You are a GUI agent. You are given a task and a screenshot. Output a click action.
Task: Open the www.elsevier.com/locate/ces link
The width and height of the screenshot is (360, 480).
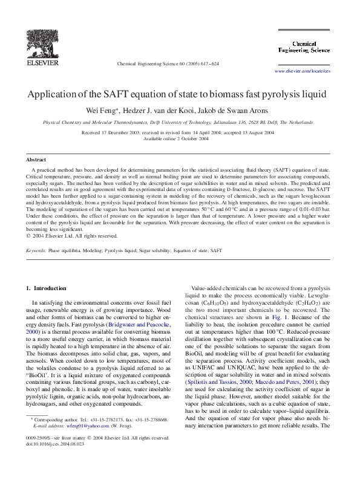(x=311, y=71)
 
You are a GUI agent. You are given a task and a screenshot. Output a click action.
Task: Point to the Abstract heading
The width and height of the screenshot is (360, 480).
(x=36, y=160)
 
